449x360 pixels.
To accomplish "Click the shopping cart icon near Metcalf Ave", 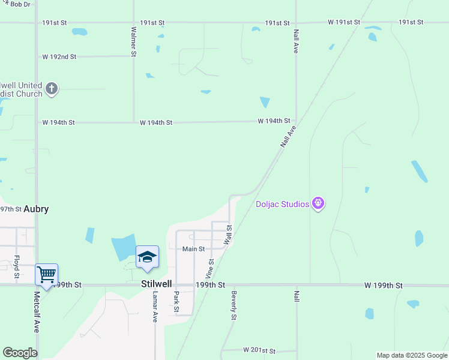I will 46,275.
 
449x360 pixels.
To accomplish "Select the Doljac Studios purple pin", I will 318,204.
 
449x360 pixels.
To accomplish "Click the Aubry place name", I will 36,209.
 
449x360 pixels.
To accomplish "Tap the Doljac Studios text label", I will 282,204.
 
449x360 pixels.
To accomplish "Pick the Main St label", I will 194,248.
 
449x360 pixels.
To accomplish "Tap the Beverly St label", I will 234,305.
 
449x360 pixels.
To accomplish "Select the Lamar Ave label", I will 154,307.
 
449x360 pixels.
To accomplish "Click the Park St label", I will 176,302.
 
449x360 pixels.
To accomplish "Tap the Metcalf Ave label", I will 37,313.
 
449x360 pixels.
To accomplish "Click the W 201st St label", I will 259,350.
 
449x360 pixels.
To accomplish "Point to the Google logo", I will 20,353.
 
